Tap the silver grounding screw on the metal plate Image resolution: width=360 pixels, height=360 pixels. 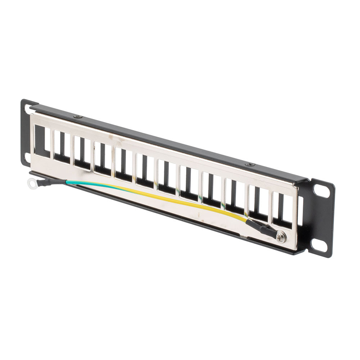pyautogui.click(x=281, y=237)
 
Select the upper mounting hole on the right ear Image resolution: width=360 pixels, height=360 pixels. pyautogui.click(x=319, y=191)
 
